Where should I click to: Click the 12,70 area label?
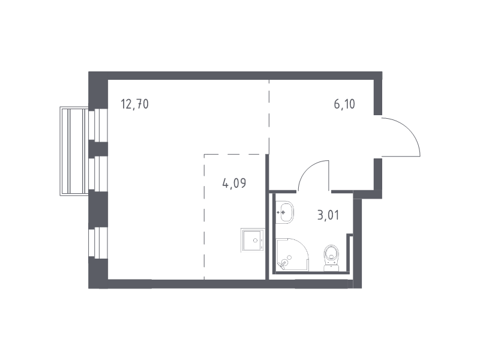pos(134,104)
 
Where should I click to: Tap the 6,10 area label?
pos(344,104)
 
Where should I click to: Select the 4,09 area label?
pos(234,184)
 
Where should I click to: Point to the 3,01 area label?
pos(328,215)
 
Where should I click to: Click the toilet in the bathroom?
pos(332,258)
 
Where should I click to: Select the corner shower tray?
pos(292,254)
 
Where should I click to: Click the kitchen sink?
pos(252,239)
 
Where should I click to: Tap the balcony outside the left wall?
pos(74,151)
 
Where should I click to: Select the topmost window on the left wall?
pos(98,125)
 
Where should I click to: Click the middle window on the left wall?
pos(98,174)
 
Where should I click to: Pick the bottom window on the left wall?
pos(98,242)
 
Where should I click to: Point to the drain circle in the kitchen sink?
pos(255,241)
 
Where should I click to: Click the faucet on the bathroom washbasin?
pos(281,212)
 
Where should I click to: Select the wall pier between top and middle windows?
pos(98,149)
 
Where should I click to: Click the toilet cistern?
pos(332,268)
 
